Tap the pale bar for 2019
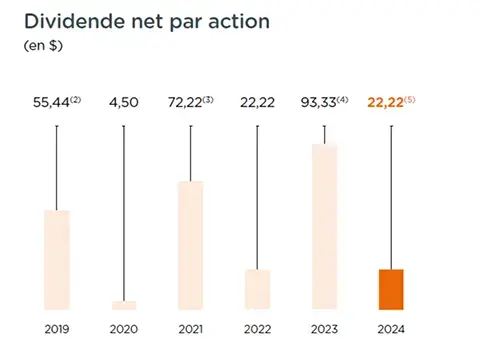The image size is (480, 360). tap(57, 260)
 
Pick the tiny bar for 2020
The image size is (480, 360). tap(124, 305)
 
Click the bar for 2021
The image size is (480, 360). tap(191, 245)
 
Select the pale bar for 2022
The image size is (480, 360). tap(258, 289)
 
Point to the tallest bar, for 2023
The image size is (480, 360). tap(325, 227)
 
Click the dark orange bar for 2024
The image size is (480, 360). tap(391, 289)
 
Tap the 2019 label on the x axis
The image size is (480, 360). tap(57, 329)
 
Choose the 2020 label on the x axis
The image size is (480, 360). tap(124, 329)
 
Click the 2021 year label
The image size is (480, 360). tap(191, 329)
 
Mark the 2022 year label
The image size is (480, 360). tap(258, 329)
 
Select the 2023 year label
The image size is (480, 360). tap(325, 329)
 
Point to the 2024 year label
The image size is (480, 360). tap(391, 329)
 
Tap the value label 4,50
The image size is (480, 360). tap(124, 103)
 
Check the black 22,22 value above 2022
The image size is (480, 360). tap(258, 103)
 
